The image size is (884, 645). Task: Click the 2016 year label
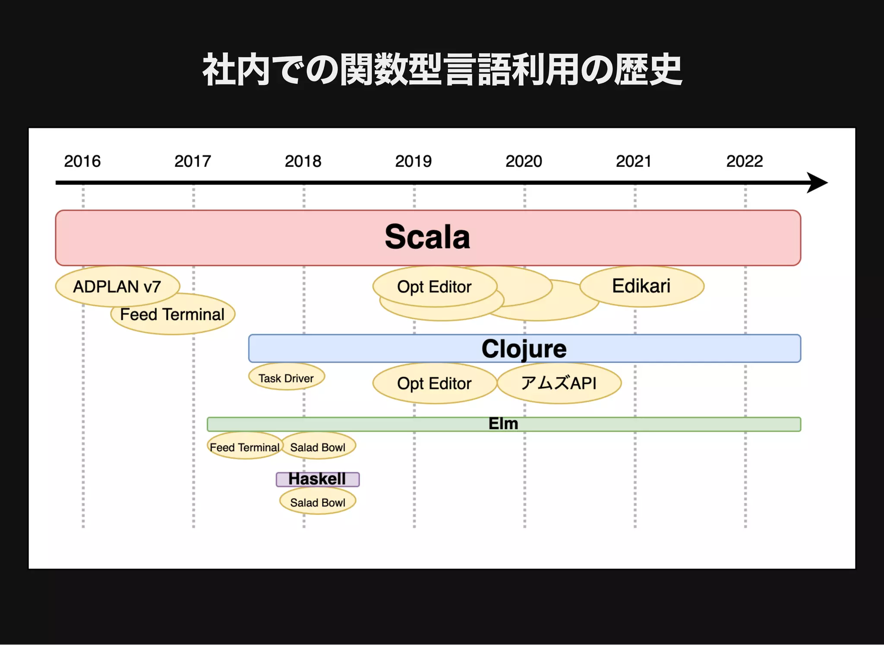coord(82,161)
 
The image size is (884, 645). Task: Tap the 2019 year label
coord(413,161)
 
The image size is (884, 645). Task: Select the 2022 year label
coord(744,161)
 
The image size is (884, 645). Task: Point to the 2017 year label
coord(193,161)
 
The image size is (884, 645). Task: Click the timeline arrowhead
coord(817,183)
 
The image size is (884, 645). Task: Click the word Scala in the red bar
coord(427,237)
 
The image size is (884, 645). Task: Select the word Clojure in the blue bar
coord(524,349)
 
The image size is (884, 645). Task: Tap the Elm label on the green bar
coord(503,424)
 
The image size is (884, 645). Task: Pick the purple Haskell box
coord(317,479)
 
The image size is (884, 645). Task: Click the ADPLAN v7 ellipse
coord(117,286)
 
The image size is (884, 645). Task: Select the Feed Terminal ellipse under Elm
coord(244,447)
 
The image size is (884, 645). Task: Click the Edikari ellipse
coord(641,286)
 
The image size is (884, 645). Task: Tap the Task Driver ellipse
coord(286,378)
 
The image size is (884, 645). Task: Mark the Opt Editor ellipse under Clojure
coord(434,384)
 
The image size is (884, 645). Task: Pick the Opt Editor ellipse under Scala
coord(434,286)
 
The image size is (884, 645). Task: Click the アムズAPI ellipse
coord(559,383)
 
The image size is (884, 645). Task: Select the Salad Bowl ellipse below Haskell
coord(317,502)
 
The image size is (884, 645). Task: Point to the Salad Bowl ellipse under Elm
coord(318,447)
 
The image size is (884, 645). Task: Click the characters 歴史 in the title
coord(648,70)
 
